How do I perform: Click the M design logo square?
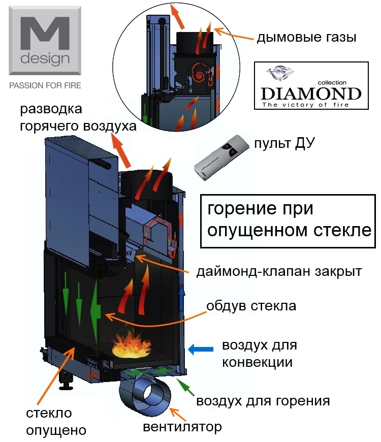[45, 41]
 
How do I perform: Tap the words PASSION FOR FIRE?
[45, 85]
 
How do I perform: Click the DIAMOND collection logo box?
[311, 86]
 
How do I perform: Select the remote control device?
[221, 157]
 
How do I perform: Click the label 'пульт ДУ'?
[284, 143]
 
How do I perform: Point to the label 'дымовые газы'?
[306, 38]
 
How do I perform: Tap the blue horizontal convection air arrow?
[201, 349]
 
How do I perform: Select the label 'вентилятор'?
[182, 427]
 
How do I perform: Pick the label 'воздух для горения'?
[263, 401]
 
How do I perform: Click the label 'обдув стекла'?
[251, 306]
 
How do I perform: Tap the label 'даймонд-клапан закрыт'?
[279, 272]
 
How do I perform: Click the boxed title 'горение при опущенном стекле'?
[288, 222]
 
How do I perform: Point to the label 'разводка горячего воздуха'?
[78, 118]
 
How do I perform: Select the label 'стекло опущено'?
[56, 422]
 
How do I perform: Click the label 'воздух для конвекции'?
[259, 354]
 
